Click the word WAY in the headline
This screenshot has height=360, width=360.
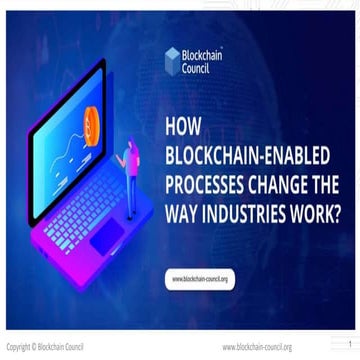(x=179, y=211)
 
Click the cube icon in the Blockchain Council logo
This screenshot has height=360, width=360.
(x=172, y=57)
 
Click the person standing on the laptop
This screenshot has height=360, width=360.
(x=129, y=160)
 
